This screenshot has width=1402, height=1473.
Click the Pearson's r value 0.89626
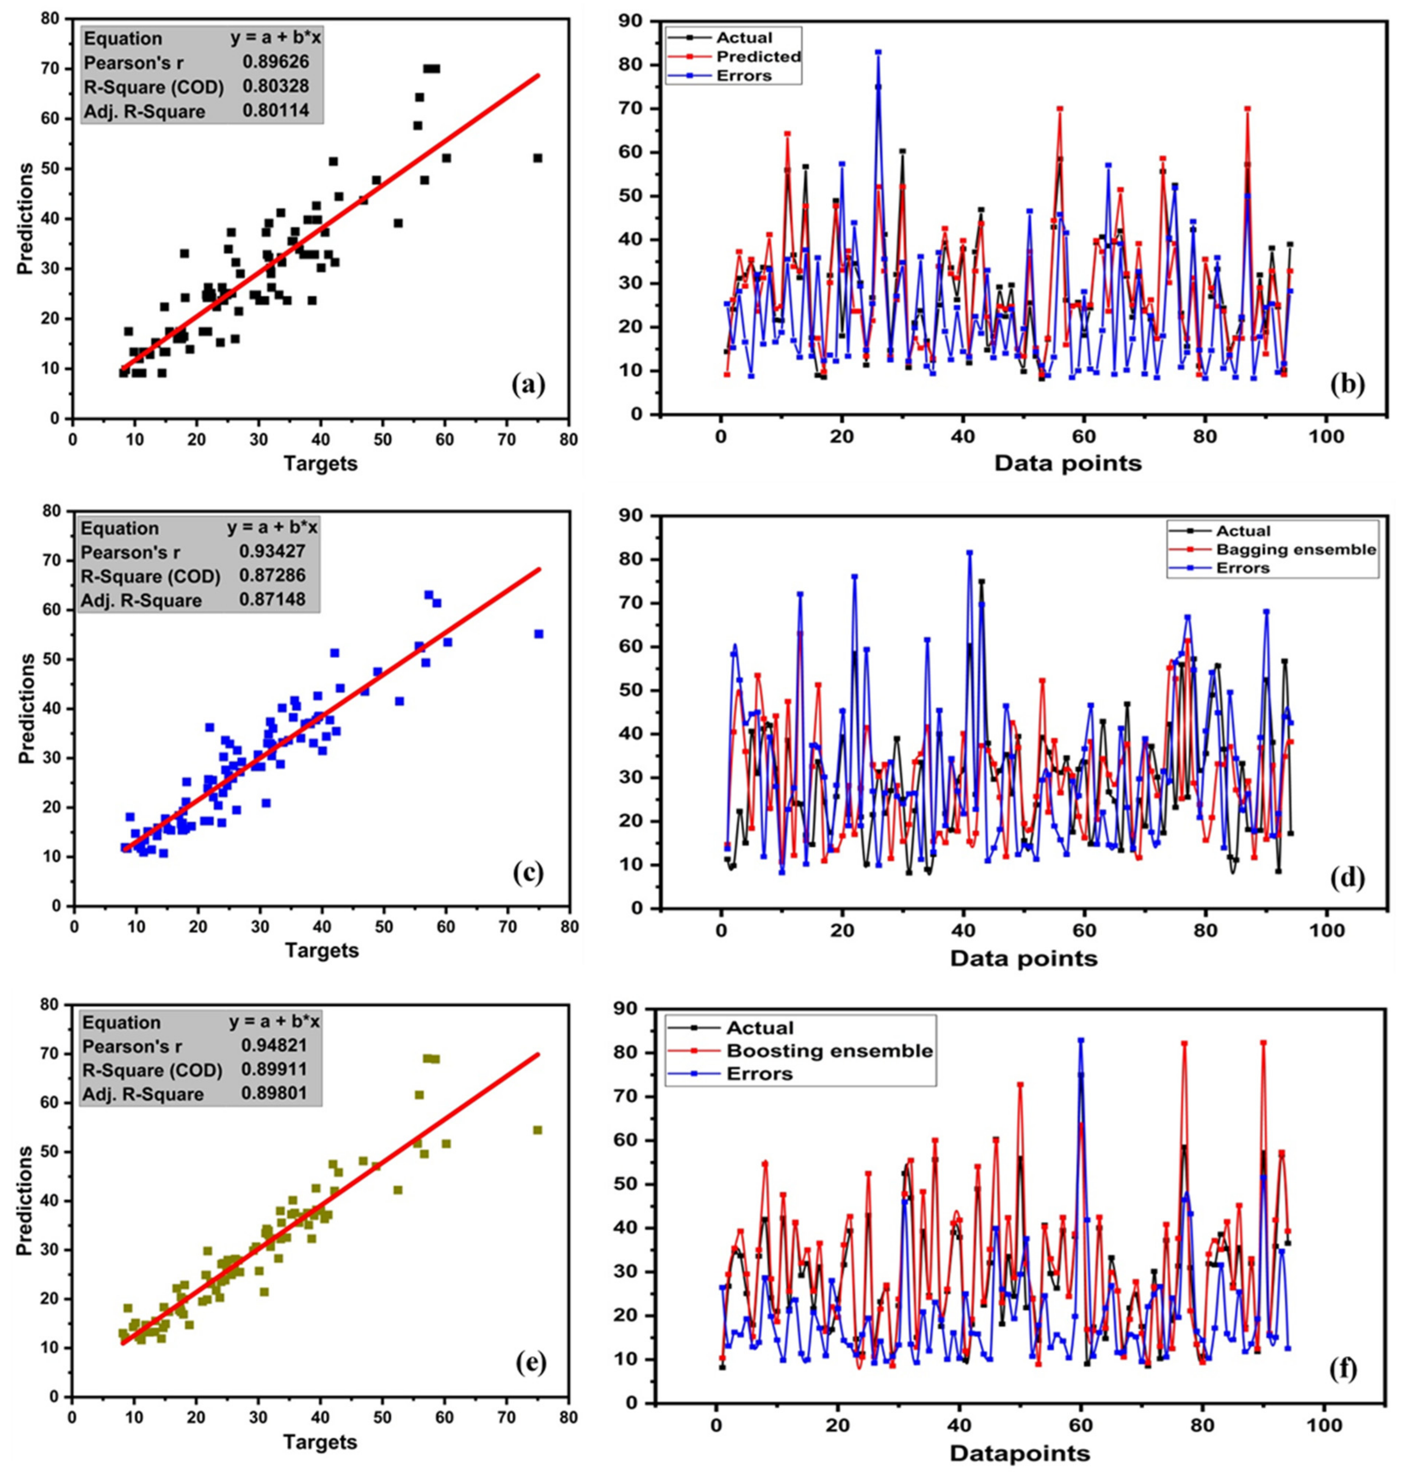[275, 62]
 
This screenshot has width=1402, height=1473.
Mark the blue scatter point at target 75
[538, 633]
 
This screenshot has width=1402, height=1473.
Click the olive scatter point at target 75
[537, 1130]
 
